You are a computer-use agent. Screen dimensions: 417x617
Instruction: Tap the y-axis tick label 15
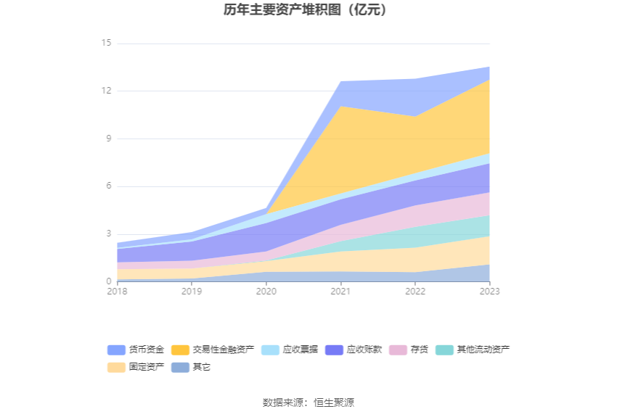106,44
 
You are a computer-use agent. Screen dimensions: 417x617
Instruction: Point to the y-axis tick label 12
106,91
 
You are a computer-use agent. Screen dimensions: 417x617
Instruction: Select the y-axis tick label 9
108,139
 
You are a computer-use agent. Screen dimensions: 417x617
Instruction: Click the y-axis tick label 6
108,186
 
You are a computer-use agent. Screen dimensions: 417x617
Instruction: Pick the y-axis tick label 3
108,234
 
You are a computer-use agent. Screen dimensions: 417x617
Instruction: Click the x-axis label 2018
117,292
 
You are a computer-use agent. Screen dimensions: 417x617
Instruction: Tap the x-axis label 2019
192,292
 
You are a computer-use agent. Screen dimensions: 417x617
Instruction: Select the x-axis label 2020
266,292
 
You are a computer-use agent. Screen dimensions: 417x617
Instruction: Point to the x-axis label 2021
340,292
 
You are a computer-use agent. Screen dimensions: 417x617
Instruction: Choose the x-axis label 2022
415,292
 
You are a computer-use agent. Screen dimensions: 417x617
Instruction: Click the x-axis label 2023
489,292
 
